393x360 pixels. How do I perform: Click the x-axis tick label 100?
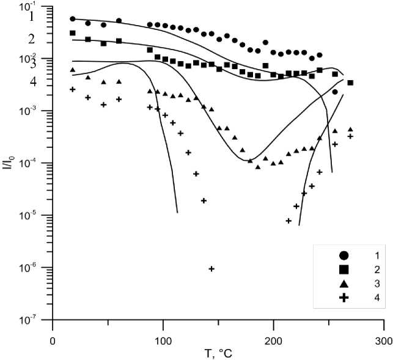point(163,340)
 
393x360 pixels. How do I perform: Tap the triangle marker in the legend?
point(344,284)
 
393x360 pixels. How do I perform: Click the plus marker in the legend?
point(344,298)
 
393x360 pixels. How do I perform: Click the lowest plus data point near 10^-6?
point(211,268)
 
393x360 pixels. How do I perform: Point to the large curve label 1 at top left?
point(32,17)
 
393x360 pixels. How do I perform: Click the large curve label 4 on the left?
point(33,81)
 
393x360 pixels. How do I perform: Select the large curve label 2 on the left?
point(32,39)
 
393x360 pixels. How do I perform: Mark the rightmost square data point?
point(350,83)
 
